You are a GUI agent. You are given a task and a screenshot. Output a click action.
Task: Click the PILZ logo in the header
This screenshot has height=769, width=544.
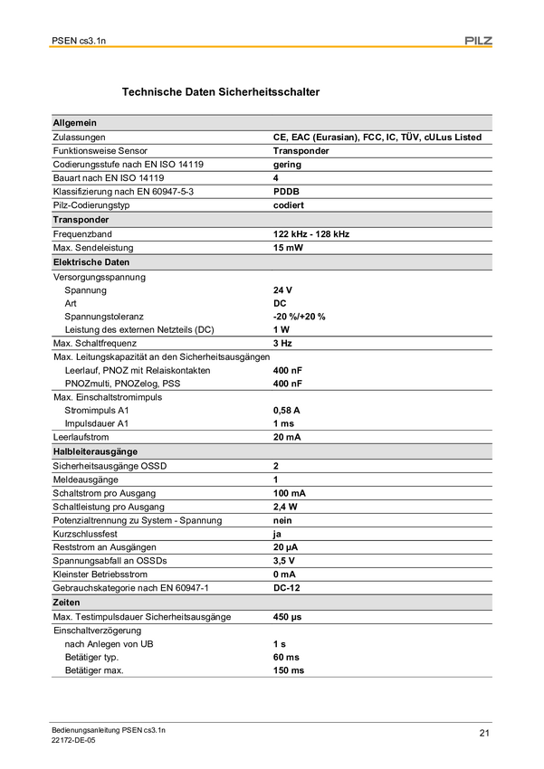(x=477, y=40)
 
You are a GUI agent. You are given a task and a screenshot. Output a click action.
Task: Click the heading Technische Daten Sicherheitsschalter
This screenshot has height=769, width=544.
(x=220, y=92)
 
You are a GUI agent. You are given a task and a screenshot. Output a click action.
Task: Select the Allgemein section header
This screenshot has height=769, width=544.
(x=75, y=123)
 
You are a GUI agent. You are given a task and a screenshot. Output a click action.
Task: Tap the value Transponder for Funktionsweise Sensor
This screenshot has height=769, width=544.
(x=301, y=151)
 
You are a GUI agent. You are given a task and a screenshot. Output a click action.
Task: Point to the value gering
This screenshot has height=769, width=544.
(x=288, y=165)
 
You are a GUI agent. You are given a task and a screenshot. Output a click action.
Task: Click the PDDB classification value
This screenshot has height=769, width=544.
(x=287, y=192)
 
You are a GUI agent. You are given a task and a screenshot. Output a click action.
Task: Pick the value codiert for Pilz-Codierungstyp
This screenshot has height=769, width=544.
(x=290, y=205)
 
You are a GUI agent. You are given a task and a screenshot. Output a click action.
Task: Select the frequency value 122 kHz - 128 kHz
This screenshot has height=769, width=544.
(x=311, y=233)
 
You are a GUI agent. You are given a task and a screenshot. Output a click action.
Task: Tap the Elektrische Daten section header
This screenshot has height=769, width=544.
(x=91, y=262)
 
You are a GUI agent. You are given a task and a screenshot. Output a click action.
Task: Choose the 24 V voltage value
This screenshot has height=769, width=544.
(x=283, y=290)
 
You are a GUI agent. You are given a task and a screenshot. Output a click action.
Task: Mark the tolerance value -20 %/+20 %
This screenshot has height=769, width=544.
(x=300, y=317)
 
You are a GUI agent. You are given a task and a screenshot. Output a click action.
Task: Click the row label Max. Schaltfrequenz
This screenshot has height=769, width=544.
(x=95, y=344)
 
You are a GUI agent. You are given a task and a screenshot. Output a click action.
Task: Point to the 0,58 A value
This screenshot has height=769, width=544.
(x=287, y=410)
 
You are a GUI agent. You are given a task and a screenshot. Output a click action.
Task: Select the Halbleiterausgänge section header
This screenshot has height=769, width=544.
(x=95, y=451)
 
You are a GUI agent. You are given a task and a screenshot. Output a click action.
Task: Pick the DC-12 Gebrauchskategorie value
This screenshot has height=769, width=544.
(x=288, y=588)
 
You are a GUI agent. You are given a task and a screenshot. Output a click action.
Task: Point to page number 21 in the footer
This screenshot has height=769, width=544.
(x=485, y=733)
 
